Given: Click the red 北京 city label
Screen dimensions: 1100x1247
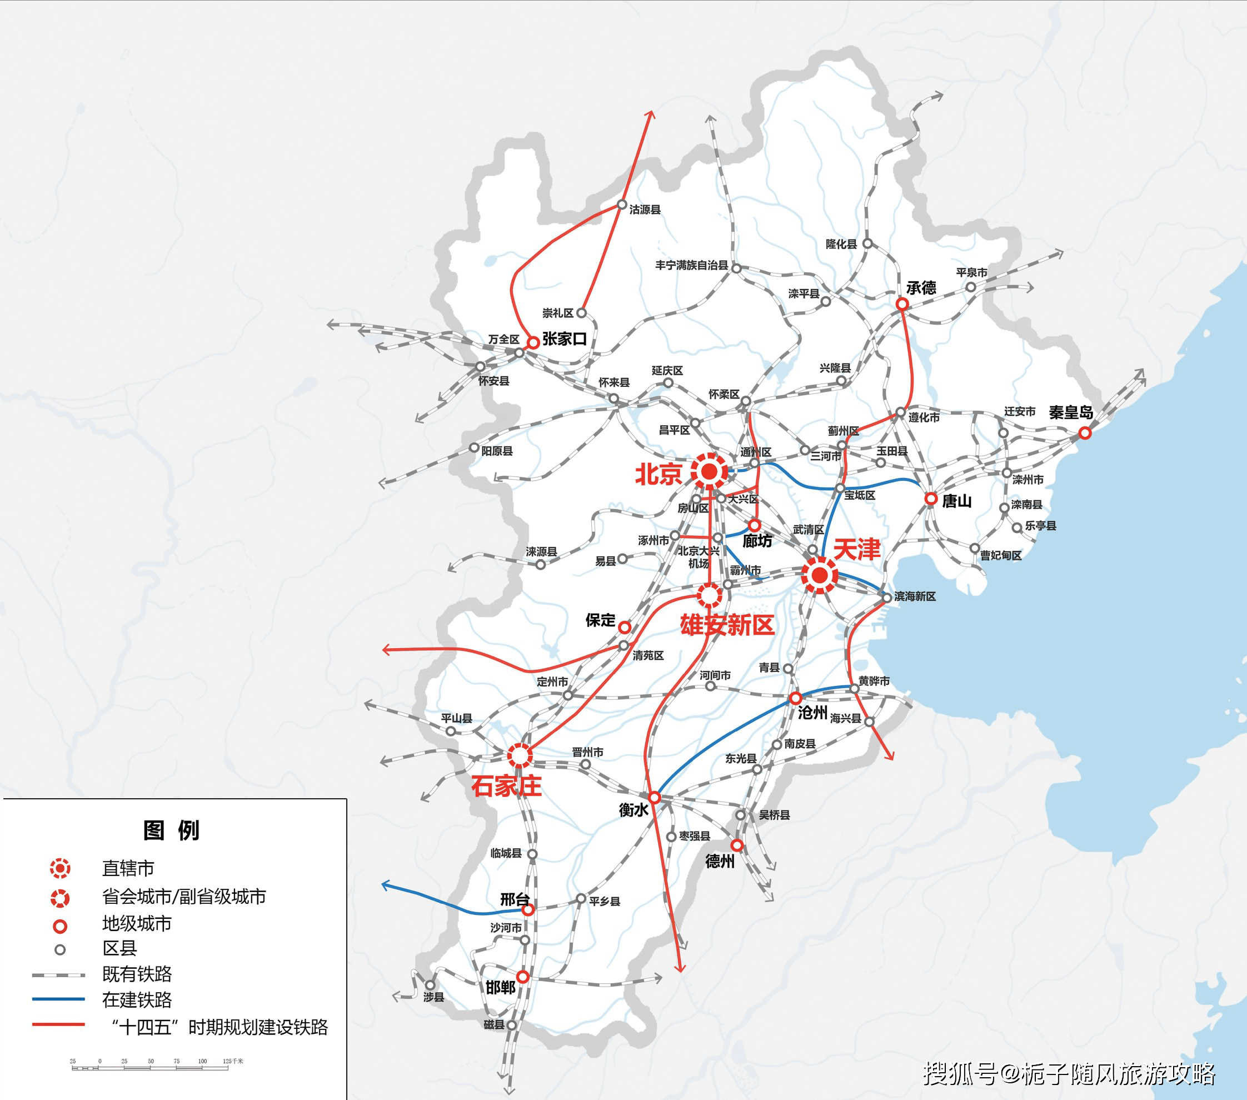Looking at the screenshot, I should tap(659, 474).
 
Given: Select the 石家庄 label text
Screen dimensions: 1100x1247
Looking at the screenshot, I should tap(506, 786).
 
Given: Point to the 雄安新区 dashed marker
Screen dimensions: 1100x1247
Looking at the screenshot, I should tap(709, 594).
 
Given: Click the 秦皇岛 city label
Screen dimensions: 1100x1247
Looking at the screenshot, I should tap(1071, 412).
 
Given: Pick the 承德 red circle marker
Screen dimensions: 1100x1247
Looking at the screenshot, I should tap(902, 304).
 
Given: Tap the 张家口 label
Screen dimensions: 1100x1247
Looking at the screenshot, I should tap(565, 339).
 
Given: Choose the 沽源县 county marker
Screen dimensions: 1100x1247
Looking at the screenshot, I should tap(622, 205).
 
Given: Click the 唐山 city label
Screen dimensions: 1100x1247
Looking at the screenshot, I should tap(956, 501).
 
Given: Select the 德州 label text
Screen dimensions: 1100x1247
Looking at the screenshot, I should tap(720, 861).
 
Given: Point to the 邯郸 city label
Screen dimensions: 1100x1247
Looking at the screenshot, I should tap(500, 987).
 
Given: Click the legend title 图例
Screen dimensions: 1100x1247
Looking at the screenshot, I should tap(171, 830).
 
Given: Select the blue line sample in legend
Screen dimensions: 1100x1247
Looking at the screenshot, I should tap(58, 999).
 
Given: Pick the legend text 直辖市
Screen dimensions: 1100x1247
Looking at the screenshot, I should tap(128, 868).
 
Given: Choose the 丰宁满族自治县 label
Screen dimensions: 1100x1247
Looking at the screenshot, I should tap(691, 265).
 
